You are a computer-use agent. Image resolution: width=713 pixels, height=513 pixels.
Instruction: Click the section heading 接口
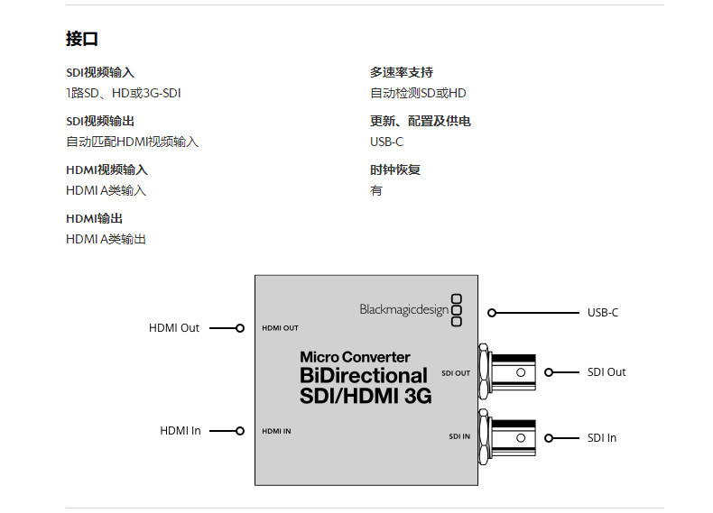(x=81, y=39)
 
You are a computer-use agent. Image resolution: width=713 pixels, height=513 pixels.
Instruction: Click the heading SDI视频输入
(x=100, y=72)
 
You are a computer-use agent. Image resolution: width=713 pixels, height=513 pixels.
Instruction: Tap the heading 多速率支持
(x=401, y=72)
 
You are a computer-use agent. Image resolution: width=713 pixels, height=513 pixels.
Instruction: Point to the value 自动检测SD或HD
(x=418, y=93)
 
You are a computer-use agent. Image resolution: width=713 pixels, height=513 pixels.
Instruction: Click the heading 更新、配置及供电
(x=420, y=121)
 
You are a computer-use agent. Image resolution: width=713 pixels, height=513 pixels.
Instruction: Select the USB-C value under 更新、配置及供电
(x=386, y=142)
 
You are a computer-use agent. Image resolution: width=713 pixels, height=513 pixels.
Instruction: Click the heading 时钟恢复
(x=395, y=169)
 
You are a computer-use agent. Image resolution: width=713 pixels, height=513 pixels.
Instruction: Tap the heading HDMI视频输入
(x=106, y=169)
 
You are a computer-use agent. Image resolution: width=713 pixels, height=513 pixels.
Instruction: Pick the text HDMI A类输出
(x=106, y=239)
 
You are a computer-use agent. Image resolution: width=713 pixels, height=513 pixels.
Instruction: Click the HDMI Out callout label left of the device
(x=174, y=328)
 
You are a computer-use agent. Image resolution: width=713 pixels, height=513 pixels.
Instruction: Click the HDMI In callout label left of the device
(x=181, y=431)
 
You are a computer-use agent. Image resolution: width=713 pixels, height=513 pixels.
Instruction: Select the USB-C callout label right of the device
(x=602, y=313)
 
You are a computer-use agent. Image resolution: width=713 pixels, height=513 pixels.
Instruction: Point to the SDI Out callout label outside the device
(x=606, y=372)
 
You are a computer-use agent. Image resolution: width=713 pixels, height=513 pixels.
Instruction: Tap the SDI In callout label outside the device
(x=601, y=438)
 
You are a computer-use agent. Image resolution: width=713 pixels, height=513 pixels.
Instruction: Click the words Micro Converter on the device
(x=355, y=357)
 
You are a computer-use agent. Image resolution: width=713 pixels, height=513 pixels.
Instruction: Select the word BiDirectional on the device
(x=364, y=375)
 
